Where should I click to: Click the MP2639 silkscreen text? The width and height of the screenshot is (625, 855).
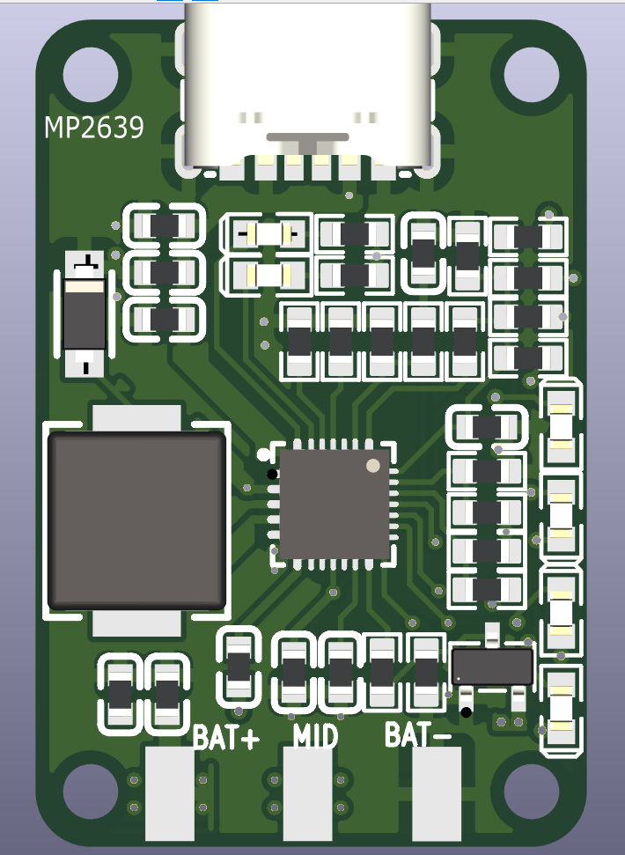(94, 129)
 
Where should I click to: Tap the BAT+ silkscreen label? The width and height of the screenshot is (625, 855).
(226, 737)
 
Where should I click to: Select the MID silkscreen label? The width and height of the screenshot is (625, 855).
(315, 735)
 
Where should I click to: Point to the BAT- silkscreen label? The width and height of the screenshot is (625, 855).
(419, 733)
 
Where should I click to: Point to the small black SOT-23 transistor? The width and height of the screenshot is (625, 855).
(491, 666)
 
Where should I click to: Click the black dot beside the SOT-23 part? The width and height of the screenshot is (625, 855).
(466, 711)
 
